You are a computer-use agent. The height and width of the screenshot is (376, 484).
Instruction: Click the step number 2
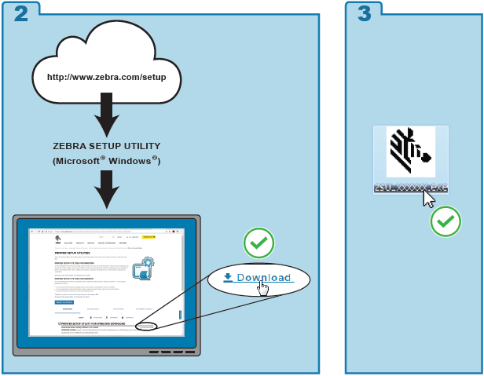21,13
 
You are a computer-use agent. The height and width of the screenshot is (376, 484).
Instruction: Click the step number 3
364,13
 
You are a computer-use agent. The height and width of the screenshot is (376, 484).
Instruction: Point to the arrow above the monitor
107,188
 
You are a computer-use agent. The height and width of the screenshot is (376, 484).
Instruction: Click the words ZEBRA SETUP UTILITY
107,146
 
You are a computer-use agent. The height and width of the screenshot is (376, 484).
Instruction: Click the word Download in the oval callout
264,278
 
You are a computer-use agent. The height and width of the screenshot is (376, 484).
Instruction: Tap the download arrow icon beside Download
228,277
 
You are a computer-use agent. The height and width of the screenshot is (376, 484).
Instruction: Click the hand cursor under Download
262,290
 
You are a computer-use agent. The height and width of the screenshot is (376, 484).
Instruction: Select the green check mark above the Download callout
258,243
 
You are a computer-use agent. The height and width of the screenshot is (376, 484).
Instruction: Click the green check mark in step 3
445,221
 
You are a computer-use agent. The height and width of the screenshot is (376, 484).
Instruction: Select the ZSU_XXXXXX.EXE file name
411,188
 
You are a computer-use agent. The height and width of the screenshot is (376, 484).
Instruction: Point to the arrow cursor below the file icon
428,199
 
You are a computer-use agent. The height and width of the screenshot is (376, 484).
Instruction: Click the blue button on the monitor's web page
64,301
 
